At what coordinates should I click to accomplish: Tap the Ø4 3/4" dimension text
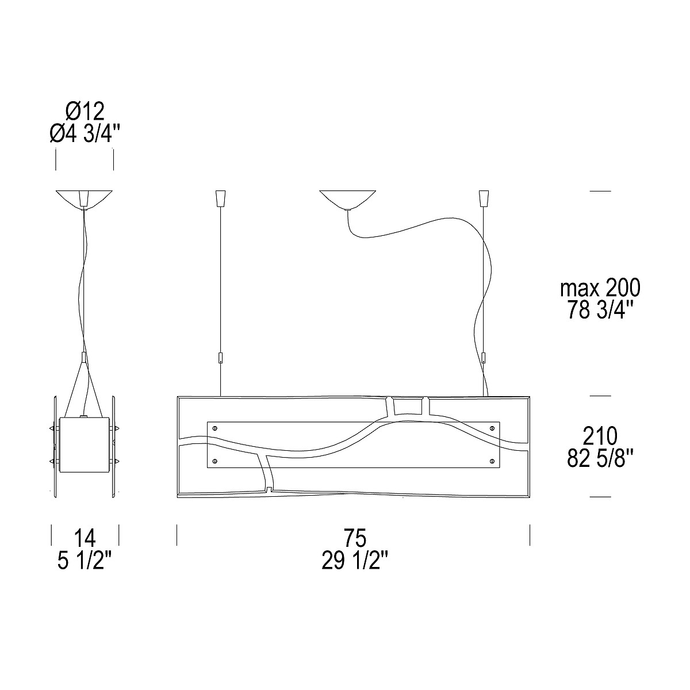pos(85,134)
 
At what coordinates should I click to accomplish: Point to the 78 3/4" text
pos(600,310)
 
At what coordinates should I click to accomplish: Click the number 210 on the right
pos(600,436)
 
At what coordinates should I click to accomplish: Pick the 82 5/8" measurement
pos(600,458)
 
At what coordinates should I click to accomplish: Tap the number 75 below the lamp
pos(355,538)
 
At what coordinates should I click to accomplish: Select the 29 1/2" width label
pos(355,560)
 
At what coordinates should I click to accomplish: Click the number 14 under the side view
pos(85,538)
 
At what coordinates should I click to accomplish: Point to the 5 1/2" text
pos(85,560)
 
